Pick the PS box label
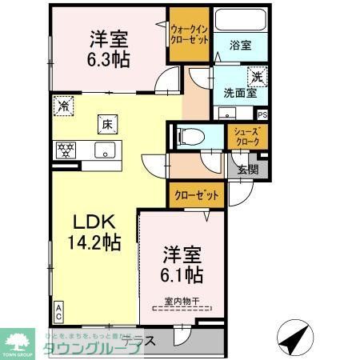click(262, 114)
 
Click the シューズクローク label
click(247, 135)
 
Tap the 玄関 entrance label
click(248, 168)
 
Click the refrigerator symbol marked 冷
click(64, 105)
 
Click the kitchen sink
click(103, 149)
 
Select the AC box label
click(59, 309)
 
